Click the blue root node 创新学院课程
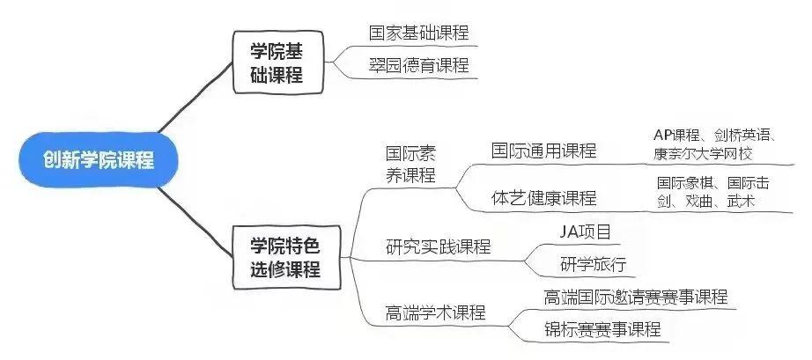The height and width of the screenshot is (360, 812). pyautogui.click(x=99, y=160)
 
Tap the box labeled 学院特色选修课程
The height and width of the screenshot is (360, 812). pyautogui.click(x=284, y=255)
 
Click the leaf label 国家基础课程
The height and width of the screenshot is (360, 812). pyautogui.click(x=418, y=33)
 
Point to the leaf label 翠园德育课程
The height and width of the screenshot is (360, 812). pyautogui.click(x=418, y=65)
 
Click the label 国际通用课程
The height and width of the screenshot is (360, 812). pyautogui.click(x=543, y=151)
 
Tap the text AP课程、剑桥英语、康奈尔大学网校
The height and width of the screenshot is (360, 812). pyautogui.click(x=713, y=145)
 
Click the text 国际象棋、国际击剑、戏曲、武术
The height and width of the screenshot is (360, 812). pyautogui.click(x=713, y=193)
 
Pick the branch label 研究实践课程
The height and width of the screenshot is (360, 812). pyautogui.click(x=438, y=246)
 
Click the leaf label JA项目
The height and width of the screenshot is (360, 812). pyautogui.click(x=586, y=231)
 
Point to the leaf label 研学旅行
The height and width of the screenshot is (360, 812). pyautogui.click(x=592, y=264)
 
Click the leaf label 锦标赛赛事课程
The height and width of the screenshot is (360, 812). pyautogui.click(x=602, y=329)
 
